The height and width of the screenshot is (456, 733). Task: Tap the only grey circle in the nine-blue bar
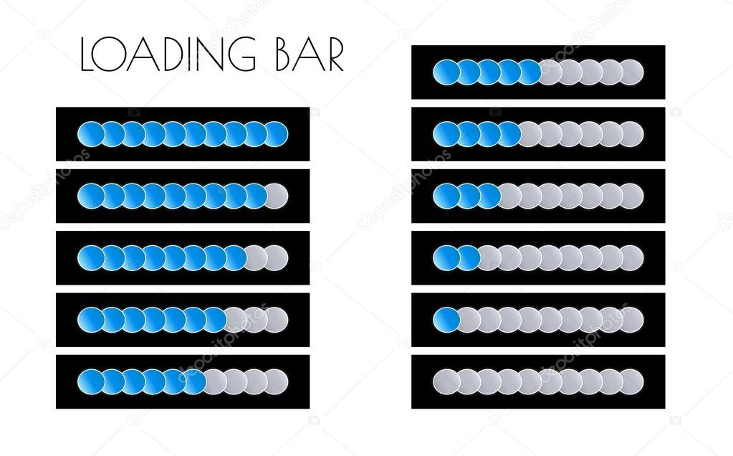click(x=277, y=195)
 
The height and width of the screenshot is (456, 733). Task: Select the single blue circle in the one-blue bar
click(x=446, y=318)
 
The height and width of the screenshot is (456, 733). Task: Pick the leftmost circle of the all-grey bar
click(x=446, y=381)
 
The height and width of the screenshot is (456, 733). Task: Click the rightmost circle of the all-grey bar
click(x=631, y=381)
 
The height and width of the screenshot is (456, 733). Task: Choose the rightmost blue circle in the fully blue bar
click(x=277, y=133)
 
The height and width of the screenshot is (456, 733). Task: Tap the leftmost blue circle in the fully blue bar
click(x=90, y=133)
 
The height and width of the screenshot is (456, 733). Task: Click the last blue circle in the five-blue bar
click(x=530, y=72)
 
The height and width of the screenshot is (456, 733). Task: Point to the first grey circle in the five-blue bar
click(x=552, y=72)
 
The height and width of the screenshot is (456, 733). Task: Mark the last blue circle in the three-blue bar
click(x=488, y=195)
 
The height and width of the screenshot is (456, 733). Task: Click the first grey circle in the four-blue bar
click(x=530, y=133)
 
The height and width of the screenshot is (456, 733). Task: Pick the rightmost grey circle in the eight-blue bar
click(x=277, y=257)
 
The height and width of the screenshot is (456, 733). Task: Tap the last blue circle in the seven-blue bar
click(x=215, y=318)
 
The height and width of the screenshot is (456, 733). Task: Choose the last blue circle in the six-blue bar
click(x=194, y=381)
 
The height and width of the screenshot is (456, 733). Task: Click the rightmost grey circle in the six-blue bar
click(x=277, y=381)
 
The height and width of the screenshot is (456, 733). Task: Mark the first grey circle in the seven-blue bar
click(x=236, y=318)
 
